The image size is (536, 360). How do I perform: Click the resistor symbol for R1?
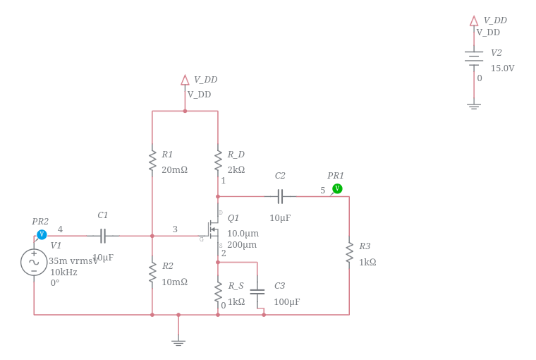click(x=152, y=160)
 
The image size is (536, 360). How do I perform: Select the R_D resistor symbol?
click(x=218, y=160)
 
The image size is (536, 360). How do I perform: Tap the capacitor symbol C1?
click(x=103, y=236)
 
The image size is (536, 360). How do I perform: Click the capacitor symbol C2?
click(x=280, y=196)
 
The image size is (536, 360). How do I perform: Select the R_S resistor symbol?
click(x=218, y=291)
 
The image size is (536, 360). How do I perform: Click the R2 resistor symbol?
click(x=152, y=272)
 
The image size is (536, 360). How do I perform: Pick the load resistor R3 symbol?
click(x=349, y=252)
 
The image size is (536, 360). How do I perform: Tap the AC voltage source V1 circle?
click(x=34, y=262)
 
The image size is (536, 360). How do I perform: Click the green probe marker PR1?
click(x=337, y=188)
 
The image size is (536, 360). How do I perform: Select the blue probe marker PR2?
click(x=42, y=234)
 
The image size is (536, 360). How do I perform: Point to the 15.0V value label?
click(x=502, y=68)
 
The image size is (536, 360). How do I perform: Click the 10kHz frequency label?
click(x=63, y=272)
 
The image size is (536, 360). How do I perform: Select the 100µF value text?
click(x=286, y=302)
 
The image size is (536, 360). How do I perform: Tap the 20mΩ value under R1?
click(x=174, y=170)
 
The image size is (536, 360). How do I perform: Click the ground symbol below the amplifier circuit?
click(x=178, y=342)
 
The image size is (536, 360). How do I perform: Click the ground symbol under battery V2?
click(x=474, y=107)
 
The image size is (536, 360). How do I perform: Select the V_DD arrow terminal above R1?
click(x=185, y=80)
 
